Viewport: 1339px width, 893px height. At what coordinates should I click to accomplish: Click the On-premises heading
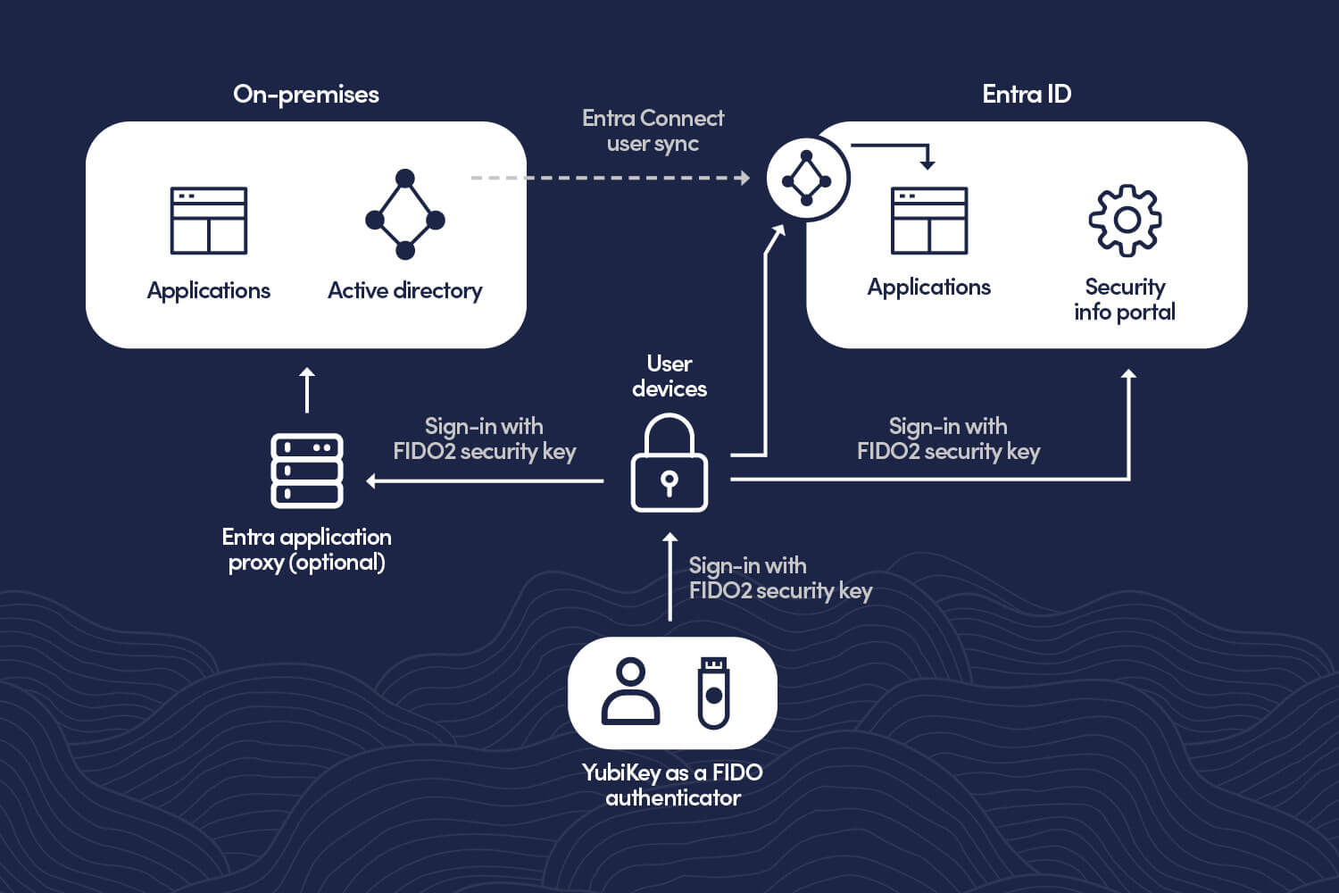(x=305, y=95)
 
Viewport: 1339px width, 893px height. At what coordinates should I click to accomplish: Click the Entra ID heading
(x=1026, y=95)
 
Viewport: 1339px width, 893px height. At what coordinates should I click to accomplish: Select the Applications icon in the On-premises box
(x=209, y=221)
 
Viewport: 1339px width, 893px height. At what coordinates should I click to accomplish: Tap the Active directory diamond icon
(x=404, y=214)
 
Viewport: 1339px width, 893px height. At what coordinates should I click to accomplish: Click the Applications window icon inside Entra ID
(x=929, y=221)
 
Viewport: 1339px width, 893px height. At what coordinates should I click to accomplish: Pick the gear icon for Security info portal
(x=1125, y=220)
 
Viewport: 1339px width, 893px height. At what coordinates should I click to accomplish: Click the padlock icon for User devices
(x=669, y=464)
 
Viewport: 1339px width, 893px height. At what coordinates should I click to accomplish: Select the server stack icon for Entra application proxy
(x=307, y=471)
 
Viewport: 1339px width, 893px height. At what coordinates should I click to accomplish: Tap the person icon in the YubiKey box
(x=630, y=691)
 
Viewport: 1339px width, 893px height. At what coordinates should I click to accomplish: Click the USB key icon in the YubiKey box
(x=713, y=692)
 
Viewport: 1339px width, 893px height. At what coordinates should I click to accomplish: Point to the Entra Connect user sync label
(x=653, y=131)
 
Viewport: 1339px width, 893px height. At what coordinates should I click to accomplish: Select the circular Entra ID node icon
(x=807, y=179)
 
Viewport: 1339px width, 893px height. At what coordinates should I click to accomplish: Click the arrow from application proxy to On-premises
(x=307, y=390)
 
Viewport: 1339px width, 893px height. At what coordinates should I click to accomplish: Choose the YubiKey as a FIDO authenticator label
(x=672, y=785)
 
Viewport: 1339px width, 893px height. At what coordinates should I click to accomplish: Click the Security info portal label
(x=1125, y=299)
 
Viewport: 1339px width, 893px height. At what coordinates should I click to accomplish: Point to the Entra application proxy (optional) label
(x=306, y=549)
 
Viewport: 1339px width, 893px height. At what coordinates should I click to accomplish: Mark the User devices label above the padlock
(x=669, y=376)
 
